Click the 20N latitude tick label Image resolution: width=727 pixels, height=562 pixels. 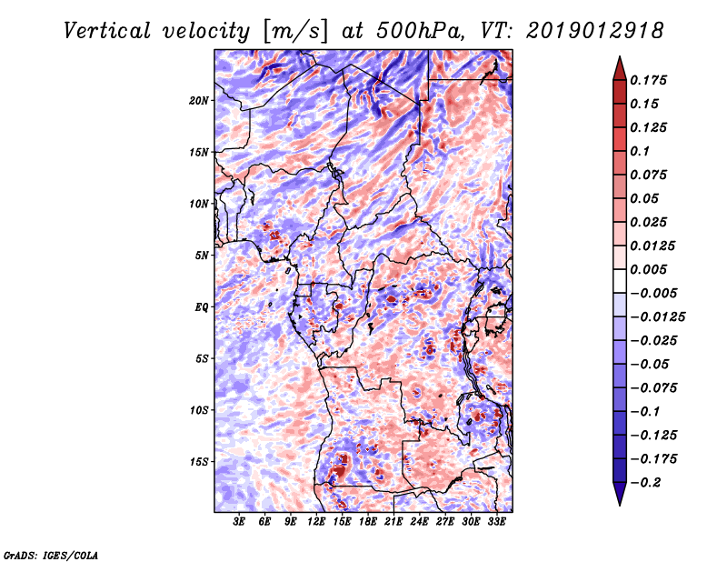point(199,100)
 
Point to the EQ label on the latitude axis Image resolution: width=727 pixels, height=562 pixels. point(202,307)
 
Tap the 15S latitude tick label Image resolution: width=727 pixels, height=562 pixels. point(199,462)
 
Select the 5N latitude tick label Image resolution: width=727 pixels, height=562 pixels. point(202,256)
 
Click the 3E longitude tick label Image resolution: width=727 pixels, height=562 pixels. point(240,522)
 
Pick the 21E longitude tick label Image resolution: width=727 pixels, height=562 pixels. point(393,522)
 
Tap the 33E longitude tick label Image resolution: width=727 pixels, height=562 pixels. point(496,522)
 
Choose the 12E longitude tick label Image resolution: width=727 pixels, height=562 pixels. point(316,522)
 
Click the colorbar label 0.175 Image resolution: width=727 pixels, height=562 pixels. point(650,81)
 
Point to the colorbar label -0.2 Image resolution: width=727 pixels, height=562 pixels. point(647,483)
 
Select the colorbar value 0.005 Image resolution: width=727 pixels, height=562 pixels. point(650,270)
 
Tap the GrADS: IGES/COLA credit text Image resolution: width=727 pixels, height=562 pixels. point(50,554)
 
